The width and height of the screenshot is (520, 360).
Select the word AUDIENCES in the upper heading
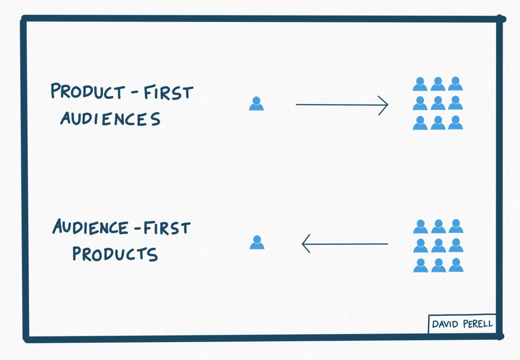[x=110, y=118]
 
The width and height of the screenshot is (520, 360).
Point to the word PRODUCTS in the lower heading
[x=115, y=254]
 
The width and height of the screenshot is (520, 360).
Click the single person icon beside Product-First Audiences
[x=256, y=104]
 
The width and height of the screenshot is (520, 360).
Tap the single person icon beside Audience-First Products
[x=257, y=242]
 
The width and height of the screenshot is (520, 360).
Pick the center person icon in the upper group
[x=438, y=104]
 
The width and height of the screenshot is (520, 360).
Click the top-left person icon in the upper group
[x=420, y=84]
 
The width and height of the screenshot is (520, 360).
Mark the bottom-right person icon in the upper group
[x=455, y=123]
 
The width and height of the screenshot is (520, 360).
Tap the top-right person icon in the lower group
[x=456, y=226]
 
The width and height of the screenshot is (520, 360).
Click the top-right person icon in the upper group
[x=455, y=84]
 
